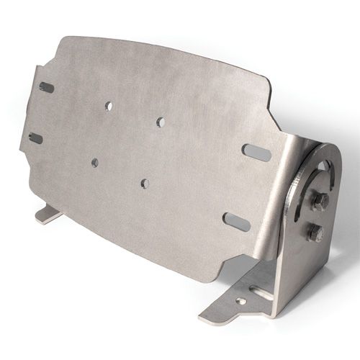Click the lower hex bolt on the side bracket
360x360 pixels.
tap(315, 234)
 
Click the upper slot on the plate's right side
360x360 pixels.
tap(256, 152)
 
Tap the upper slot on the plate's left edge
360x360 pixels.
tap(47, 88)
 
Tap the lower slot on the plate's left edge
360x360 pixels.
tap(35, 138)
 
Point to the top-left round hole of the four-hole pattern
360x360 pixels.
tap(109, 106)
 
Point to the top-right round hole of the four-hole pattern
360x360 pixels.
tap(160, 122)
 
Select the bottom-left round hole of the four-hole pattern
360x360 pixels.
tap(94, 163)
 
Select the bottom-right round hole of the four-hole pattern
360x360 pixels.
tap(145, 184)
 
